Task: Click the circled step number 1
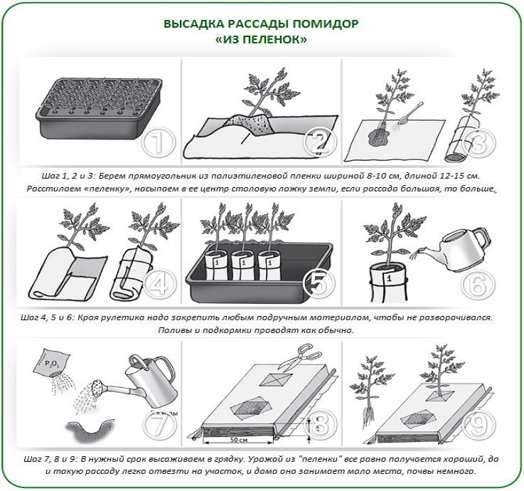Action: coord(159,142)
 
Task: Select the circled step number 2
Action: coord(320,142)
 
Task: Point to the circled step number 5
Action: coord(319,284)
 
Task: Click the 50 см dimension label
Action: coord(239,440)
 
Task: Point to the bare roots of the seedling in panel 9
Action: coord(368,418)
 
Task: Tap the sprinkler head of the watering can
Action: coord(97,388)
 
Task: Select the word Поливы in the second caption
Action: coord(173,330)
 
